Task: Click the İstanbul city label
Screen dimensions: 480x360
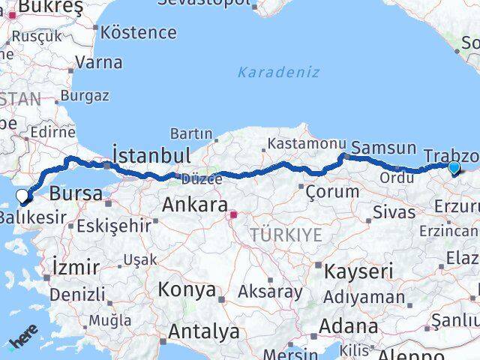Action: coord(151,155)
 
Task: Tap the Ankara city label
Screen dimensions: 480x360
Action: coord(195,204)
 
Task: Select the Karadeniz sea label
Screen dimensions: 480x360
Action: coord(278,73)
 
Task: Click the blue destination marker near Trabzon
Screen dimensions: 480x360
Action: coord(453,168)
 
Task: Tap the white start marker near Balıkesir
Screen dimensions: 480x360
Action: coord(22,196)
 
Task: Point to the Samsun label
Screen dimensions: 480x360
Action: coord(383,148)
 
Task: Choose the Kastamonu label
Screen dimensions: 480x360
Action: coord(307,142)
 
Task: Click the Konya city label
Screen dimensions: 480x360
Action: coord(187,289)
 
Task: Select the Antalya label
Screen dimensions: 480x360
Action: coord(204,331)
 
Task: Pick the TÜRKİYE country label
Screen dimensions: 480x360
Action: coord(286,235)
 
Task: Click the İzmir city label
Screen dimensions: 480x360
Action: coord(76,267)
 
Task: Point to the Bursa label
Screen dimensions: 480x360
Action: coord(76,193)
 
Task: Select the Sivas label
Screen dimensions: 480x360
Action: coord(394,212)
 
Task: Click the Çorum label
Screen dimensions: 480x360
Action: coord(332,191)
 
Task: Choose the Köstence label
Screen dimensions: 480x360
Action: coord(138,33)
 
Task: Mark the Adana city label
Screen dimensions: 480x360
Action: coord(348,326)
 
